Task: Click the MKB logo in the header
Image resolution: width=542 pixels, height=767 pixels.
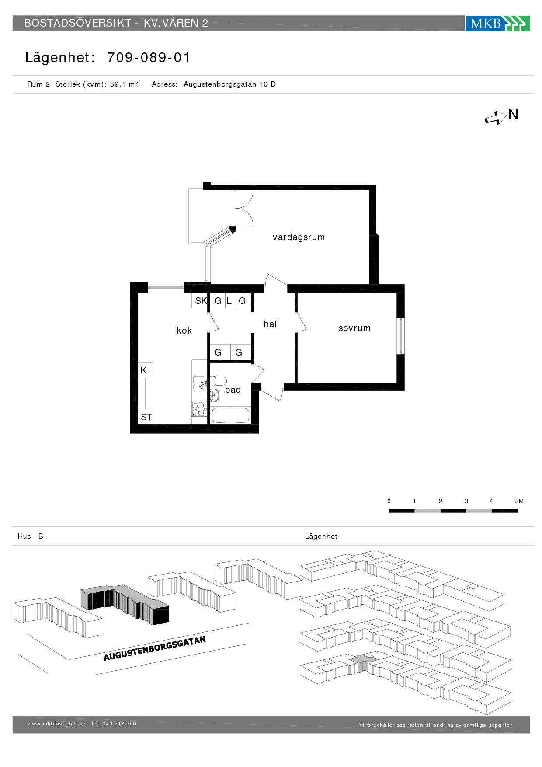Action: pyautogui.click(x=497, y=23)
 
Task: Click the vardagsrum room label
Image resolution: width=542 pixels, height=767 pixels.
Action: pyautogui.click(x=299, y=237)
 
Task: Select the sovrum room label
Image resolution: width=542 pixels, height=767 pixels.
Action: pyautogui.click(x=354, y=328)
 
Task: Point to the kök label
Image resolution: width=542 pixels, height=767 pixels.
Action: pyautogui.click(x=184, y=331)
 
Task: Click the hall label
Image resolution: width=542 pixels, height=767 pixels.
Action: pyautogui.click(x=271, y=324)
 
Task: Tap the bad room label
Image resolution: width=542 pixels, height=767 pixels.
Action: pyautogui.click(x=233, y=390)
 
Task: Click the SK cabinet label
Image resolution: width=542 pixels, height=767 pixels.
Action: pyautogui.click(x=201, y=301)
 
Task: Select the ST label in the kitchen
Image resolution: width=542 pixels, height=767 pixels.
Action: pyautogui.click(x=146, y=417)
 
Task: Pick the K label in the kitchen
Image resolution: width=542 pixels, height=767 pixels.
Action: pyautogui.click(x=143, y=370)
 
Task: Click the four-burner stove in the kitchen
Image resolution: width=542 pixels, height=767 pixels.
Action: pyautogui.click(x=198, y=409)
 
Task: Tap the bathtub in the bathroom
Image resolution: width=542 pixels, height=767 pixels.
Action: pyautogui.click(x=230, y=415)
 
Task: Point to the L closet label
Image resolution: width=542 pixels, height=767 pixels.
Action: pyautogui.click(x=229, y=301)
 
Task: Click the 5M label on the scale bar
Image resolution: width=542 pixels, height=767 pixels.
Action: pyautogui.click(x=519, y=501)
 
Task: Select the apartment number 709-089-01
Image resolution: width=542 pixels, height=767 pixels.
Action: pyautogui.click(x=149, y=57)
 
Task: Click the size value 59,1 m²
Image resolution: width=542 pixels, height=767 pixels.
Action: pyautogui.click(x=124, y=84)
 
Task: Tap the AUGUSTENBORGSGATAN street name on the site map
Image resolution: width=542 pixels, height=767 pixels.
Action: pyautogui.click(x=155, y=648)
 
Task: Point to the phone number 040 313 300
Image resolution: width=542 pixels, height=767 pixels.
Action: pyautogui.click(x=119, y=724)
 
